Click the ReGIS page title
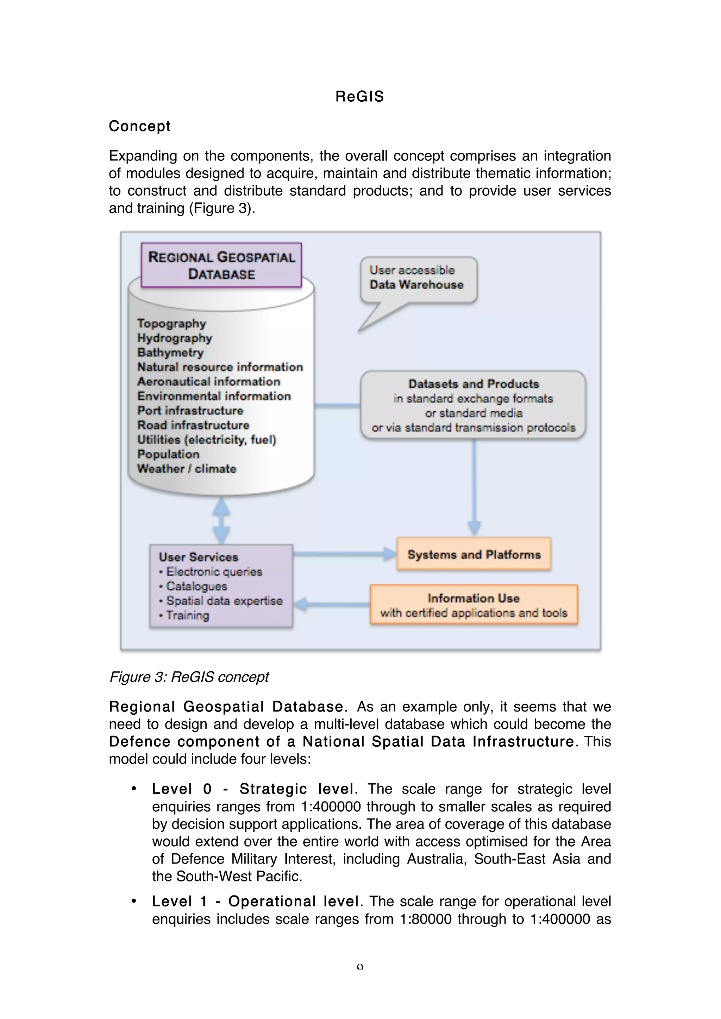359,96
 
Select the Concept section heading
139,126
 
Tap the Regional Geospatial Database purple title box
221,265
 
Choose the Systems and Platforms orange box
474,554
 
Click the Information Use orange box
474,605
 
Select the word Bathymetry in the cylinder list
170,352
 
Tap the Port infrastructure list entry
190,411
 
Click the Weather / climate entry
187,469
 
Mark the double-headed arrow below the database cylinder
221,520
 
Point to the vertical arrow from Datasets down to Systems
474,488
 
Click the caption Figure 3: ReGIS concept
189,677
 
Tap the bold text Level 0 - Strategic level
253,789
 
